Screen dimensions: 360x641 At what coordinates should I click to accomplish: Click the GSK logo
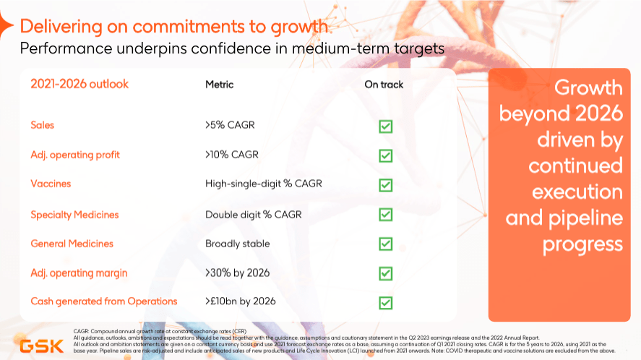pyautogui.click(x=40, y=346)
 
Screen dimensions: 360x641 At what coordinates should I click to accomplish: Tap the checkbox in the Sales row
pyautogui.click(x=386, y=127)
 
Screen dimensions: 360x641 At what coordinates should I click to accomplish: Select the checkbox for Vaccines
pyautogui.click(x=386, y=185)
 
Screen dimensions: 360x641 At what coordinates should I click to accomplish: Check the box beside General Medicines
pyautogui.click(x=386, y=244)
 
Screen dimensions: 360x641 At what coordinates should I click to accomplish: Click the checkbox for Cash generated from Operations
pyautogui.click(x=386, y=302)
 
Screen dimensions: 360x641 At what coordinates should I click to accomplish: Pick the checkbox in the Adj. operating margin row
pyautogui.click(x=386, y=273)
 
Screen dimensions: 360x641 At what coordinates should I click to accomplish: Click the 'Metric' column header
pyautogui.click(x=219, y=85)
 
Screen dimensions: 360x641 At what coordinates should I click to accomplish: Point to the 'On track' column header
pyautogui.click(x=384, y=85)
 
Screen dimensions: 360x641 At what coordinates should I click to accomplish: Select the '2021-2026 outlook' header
pyautogui.click(x=79, y=84)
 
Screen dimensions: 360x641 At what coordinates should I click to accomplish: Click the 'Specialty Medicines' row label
pyautogui.click(x=74, y=215)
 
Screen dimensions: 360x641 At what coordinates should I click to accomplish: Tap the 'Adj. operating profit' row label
pyautogui.click(x=75, y=155)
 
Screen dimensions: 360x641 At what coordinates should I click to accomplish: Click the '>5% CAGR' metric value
pyautogui.click(x=230, y=125)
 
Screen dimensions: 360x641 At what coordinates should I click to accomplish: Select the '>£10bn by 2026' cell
pyautogui.click(x=240, y=301)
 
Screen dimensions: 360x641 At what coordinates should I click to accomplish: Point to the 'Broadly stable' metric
pyautogui.click(x=237, y=244)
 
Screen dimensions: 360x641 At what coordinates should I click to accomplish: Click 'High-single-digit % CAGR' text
pyautogui.click(x=263, y=184)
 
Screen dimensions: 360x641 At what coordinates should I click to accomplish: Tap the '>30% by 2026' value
pyautogui.click(x=237, y=273)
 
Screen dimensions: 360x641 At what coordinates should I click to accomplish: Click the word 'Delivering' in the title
pyautogui.click(x=61, y=27)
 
